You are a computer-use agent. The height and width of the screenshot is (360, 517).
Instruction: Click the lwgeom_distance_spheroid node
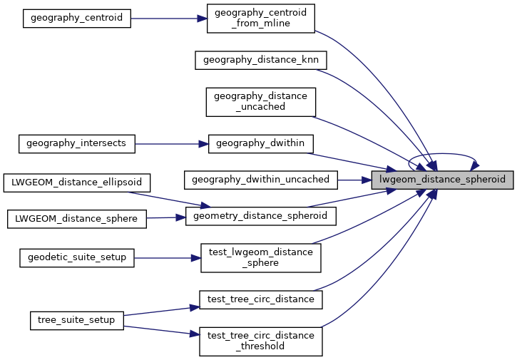coord(442,180)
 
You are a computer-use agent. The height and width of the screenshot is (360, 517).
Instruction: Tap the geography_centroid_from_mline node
coord(260,19)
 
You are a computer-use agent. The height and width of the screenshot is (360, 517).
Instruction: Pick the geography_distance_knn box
coord(261,60)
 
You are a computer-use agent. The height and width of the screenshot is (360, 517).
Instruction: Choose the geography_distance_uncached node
coord(260,102)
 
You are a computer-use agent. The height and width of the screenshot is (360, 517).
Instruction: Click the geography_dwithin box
coord(260,143)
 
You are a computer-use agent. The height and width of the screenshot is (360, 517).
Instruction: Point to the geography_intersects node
coord(76,143)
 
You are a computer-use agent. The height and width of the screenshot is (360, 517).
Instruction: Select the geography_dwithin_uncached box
coord(261,180)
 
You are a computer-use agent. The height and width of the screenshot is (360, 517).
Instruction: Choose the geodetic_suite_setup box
coord(76,257)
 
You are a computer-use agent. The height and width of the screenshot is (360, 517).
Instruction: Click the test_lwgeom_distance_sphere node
coord(260,257)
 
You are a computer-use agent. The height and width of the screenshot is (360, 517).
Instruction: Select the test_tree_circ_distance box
coord(260,299)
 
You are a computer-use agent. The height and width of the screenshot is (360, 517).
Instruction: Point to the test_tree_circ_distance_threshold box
coord(260,341)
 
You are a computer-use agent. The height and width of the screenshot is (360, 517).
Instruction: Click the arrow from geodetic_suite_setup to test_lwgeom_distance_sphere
coord(168,257)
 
